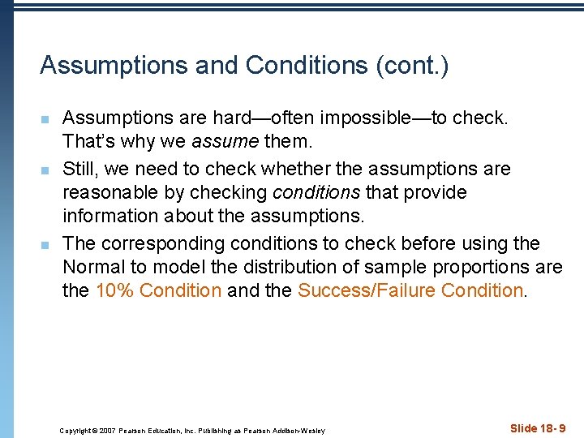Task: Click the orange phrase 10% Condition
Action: pyautogui.click(x=158, y=290)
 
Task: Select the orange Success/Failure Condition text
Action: pyautogui.click(x=410, y=290)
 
